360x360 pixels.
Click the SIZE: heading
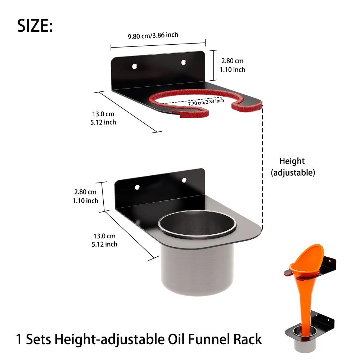click(35, 26)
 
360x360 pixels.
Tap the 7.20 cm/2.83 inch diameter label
click(206, 102)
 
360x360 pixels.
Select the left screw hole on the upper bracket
click(134, 67)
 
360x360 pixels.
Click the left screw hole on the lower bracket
click(137, 187)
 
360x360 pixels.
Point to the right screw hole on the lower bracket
click(184, 180)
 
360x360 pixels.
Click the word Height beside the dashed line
click(292, 161)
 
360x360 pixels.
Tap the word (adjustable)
click(293, 172)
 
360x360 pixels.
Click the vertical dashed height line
click(262, 166)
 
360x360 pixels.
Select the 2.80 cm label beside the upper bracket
click(232, 61)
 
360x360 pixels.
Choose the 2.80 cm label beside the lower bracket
click(85, 192)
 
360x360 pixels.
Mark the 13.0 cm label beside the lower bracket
click(104, 236)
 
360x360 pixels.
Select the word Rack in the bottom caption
click(246, 339)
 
